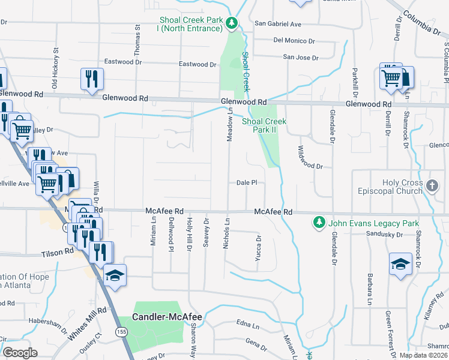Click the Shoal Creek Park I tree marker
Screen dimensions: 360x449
(x=232, y=23)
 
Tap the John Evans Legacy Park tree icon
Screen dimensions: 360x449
(x=319, y=223)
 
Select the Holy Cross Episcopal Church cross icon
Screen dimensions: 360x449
(x=433, y=187)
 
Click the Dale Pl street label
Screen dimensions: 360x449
(x=247, y=182)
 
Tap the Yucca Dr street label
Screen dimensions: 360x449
(x=259, y=247)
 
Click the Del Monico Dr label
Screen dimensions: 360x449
(x=294, y=41)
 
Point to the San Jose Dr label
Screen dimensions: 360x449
(x=299, y=57)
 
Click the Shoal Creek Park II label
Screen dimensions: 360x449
(x=264, y=125)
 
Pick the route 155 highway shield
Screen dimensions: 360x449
(x=122, y=331)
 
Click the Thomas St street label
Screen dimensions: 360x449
(x=137, y=37)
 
